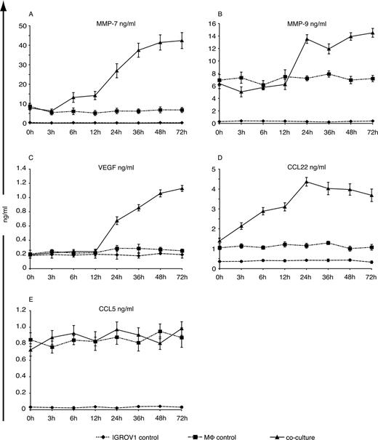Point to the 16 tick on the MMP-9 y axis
(217, 24)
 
